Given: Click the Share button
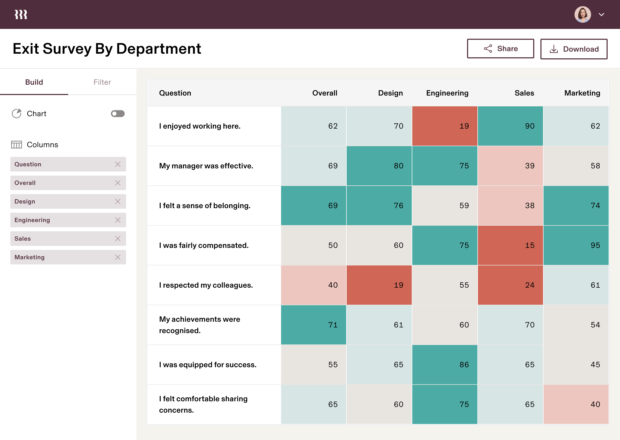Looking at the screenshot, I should pos(500,49).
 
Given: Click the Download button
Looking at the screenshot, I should pos(574,49).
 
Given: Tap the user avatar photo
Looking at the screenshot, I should pos(582,14).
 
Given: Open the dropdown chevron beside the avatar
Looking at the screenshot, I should pos(601,15).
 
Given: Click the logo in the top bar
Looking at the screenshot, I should pos(21,15).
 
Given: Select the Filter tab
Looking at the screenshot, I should pos(102,82).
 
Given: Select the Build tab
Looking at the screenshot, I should pos(34,82).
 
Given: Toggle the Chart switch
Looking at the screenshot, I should pos(118,114).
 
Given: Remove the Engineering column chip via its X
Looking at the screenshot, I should pos(118,220).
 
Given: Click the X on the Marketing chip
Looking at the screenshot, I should pos(118,257).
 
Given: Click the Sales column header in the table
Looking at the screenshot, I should pos(524,93).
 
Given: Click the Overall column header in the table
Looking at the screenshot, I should pos(324,93).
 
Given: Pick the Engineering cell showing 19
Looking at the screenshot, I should pos(445,126).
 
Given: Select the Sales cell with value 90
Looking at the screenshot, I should pos(510,126).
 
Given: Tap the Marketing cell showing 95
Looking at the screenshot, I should pos(576,245).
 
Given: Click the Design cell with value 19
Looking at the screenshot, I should pos(379,285).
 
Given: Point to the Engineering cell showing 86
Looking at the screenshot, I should pos(445,364).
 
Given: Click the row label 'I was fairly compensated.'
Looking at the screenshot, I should pos(204,245).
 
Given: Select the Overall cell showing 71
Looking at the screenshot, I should pos(314,325).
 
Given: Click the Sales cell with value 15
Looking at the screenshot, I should pos(510,245).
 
